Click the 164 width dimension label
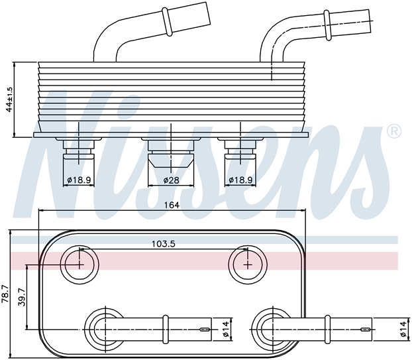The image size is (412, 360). pos(172,205)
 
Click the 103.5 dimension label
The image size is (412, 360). pos(163,243)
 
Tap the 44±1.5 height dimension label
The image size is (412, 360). pos(9,99)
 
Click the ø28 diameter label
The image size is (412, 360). pos(172,180)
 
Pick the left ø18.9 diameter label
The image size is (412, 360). pos(79,180)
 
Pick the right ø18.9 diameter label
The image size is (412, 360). pos(241,180)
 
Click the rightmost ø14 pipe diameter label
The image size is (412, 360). pos(403,327)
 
